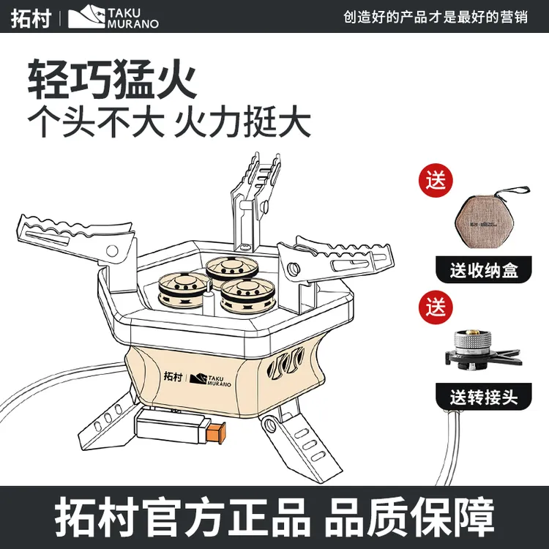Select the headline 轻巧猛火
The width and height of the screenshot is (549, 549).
[113, 78]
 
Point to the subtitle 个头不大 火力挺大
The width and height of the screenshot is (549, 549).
[169, 123]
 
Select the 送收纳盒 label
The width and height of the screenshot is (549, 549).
[484, 271]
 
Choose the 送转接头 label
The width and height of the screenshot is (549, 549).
[484, 397]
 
